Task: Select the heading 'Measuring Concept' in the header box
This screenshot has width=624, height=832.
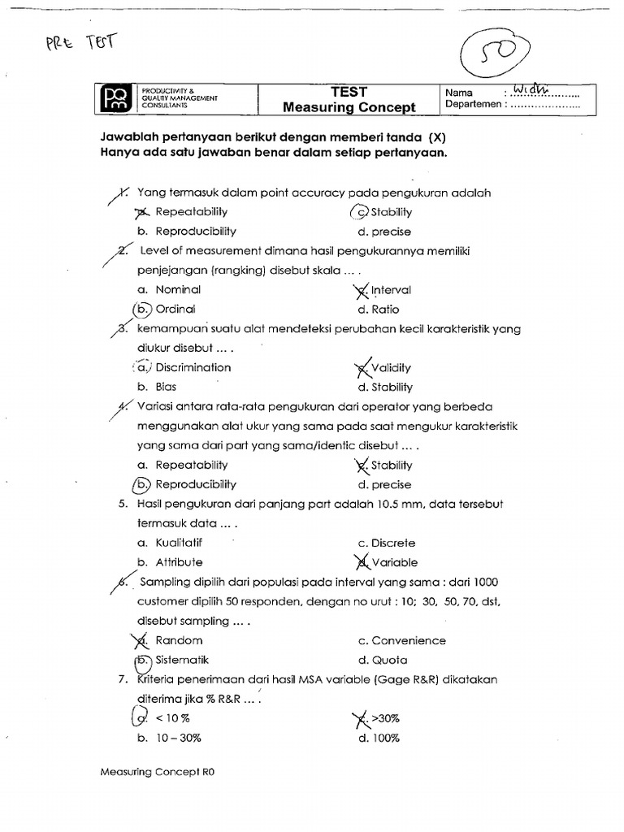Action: [x=349, y=107]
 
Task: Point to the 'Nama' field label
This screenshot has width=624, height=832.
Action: [x=460, y=93]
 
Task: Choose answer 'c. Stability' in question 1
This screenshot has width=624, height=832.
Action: [x=383, y=212]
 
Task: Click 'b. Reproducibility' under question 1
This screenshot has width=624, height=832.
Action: [x=186, y=232]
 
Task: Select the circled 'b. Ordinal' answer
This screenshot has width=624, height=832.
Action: [x=166, y=310]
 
